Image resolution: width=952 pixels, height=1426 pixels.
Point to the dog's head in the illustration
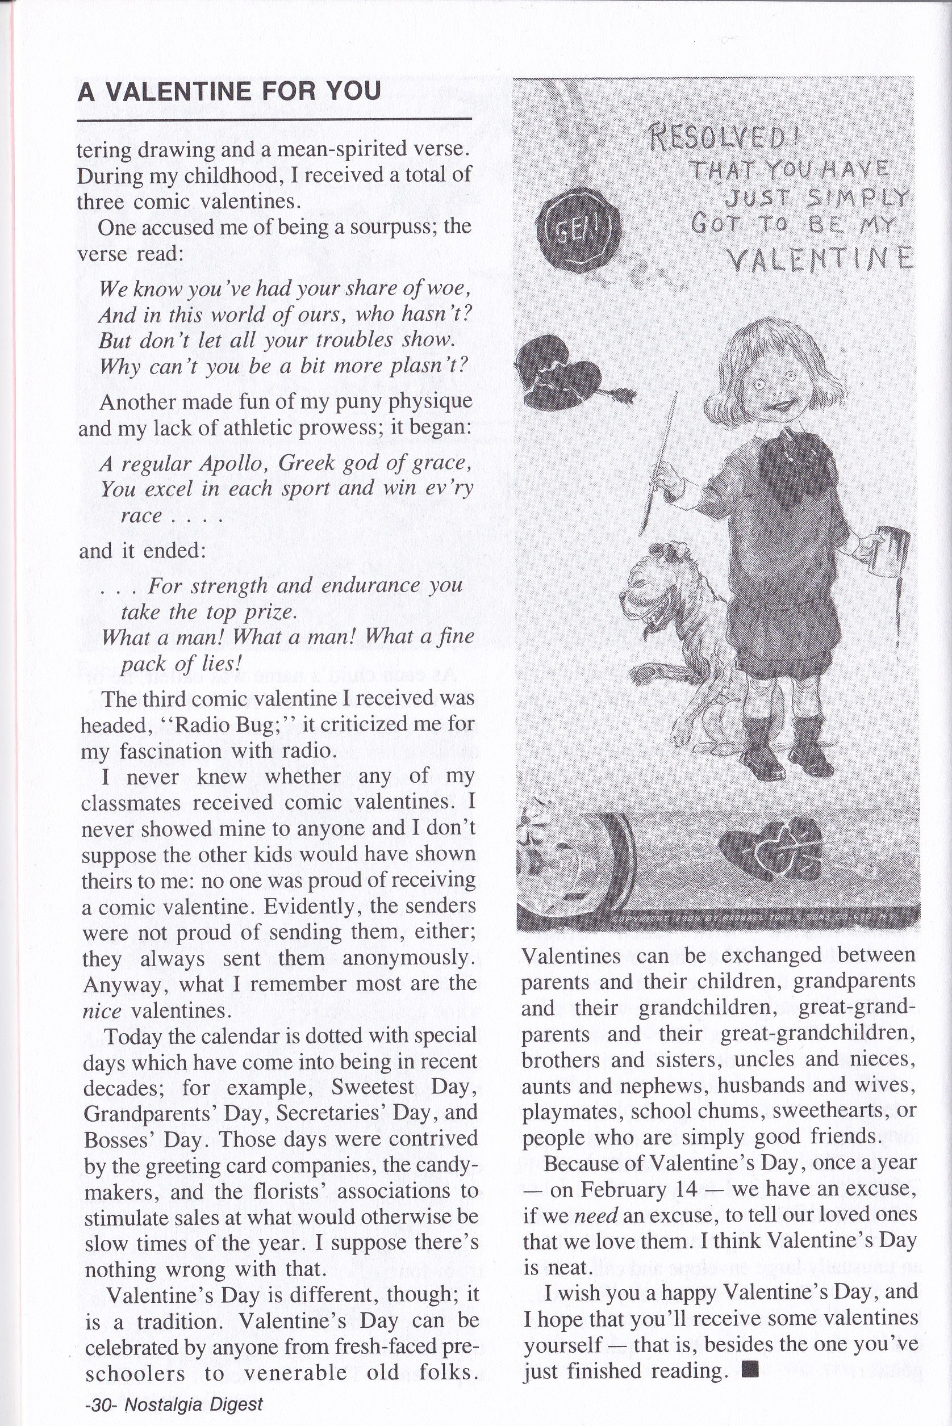(655, 583)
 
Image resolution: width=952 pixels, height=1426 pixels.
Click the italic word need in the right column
(595, 1215)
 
